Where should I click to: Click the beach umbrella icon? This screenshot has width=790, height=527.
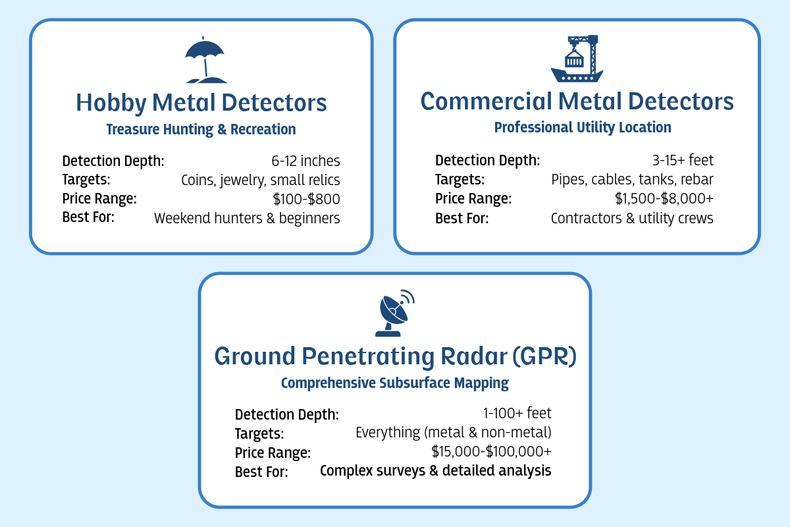click(205, 60)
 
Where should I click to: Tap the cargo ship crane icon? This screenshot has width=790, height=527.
click(577, 59)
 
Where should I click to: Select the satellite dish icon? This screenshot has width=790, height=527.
click(394, 313)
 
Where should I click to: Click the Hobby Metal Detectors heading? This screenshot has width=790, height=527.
click(201, 103)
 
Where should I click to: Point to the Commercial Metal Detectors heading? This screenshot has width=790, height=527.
click(577, 101)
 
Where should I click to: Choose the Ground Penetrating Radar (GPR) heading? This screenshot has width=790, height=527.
click(396, 356)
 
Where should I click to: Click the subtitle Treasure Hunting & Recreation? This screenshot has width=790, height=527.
click(201, 129)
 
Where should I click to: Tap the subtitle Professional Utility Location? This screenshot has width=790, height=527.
click(583, 127)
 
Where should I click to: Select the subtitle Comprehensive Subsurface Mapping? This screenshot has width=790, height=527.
click(395, 383)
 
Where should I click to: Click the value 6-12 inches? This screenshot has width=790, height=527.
click(305, 161)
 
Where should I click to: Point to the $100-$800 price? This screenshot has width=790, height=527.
click(307, 199)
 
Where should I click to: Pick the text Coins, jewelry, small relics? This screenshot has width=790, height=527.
click(261, 180)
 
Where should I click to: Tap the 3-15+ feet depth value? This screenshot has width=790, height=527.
click(683, 160)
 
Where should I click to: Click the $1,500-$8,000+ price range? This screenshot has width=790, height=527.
click(664, 198)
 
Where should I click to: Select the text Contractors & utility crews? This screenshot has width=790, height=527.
click(632, 218)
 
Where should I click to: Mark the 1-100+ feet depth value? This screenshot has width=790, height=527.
click(517, 413)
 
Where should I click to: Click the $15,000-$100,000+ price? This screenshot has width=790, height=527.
click(491, 451)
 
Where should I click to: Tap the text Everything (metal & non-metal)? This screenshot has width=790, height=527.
click(453, 432)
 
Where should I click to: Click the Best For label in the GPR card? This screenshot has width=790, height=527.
click(261, 472)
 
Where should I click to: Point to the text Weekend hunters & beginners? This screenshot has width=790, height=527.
click(247, 218)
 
